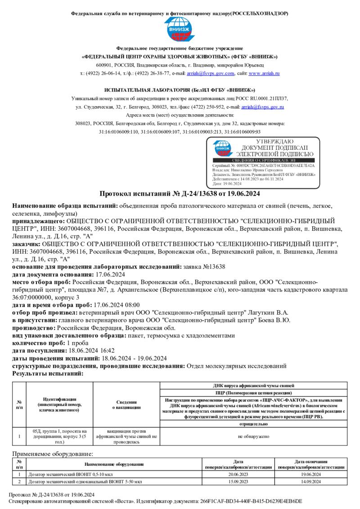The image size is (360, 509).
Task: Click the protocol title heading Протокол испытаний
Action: pos(180,194)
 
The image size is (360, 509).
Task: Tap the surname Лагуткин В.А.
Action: pos(269,313)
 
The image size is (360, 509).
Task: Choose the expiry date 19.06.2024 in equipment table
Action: pos(311,474)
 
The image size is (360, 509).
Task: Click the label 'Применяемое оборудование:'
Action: pos(53,454)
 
